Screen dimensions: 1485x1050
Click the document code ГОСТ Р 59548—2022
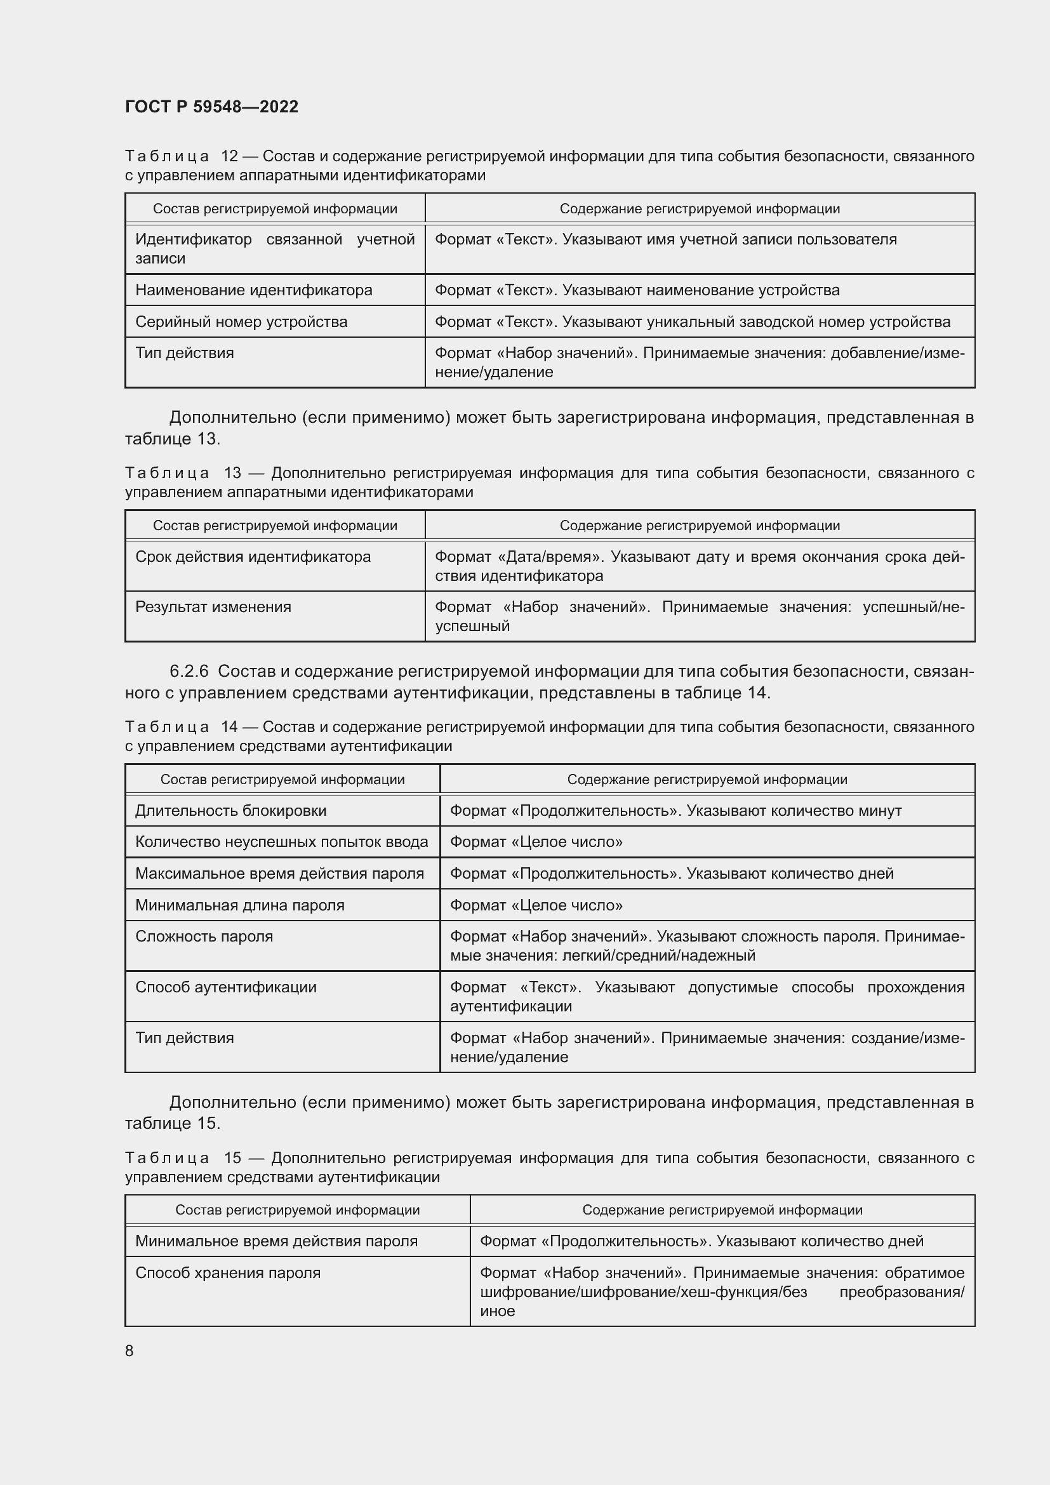(211, 107)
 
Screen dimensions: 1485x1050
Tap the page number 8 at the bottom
(130, 1350)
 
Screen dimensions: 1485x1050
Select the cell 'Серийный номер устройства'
(241, 321)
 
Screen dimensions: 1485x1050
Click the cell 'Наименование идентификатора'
(253, 290)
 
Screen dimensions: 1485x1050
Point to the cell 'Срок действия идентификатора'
(253, 557)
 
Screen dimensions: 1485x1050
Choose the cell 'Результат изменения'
(213, 607)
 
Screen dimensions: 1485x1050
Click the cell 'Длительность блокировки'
(231, 810)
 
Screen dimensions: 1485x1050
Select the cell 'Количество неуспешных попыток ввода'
(281, 841)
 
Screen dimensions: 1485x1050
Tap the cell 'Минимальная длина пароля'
(239, 905)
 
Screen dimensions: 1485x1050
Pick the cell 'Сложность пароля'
(204, 936)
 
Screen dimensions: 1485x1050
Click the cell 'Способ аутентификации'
(225, 987)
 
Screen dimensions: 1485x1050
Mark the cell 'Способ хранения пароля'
(228, 1273)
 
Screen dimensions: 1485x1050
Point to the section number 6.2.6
(189, 671)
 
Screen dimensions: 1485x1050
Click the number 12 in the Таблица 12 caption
(230, 156)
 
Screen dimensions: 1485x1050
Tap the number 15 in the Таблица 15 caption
(232, 1158)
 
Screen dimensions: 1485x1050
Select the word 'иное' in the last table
(497, 1311)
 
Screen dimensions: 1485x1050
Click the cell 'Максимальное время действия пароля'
(279, 873)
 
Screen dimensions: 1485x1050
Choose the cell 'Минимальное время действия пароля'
(276, 1241)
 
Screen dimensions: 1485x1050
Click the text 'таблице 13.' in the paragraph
(172, 439)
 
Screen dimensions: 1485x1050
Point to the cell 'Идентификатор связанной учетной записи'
(274, 249)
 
